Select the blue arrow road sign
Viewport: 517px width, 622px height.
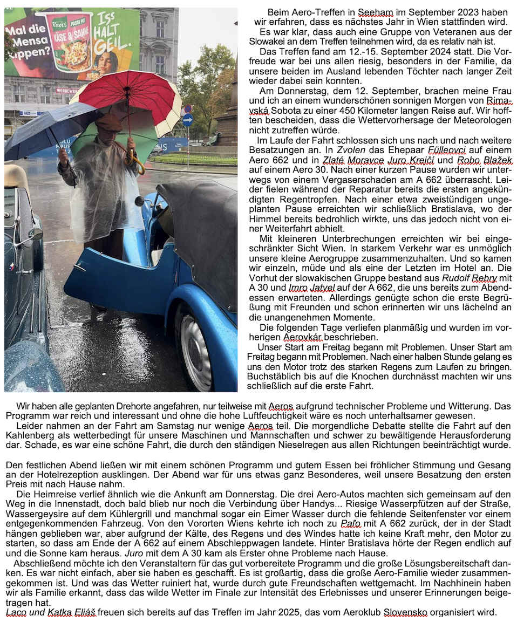[187, 120]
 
